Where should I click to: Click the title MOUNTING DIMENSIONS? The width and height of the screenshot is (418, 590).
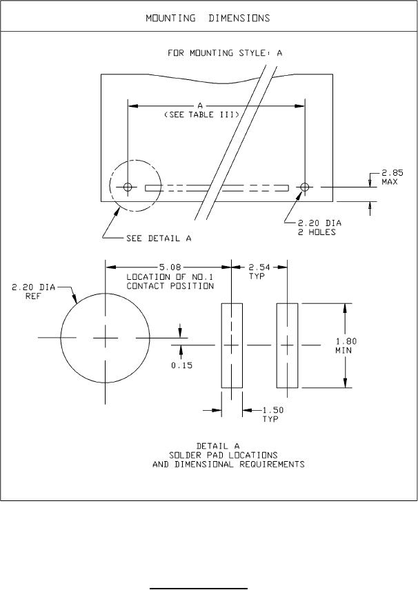click(x=208, y=17)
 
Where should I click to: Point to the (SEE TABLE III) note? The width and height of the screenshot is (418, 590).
click(x=201, y=116)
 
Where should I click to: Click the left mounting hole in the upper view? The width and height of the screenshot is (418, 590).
click(x=128, y=187)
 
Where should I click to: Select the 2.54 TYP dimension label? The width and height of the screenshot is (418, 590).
click(x=258, y=271)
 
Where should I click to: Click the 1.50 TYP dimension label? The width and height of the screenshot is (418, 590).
click(x=273, y=414)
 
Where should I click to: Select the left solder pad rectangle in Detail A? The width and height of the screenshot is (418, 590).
click(x=231, y=345)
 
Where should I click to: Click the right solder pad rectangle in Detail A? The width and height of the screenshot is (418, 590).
click(x=287, y=345)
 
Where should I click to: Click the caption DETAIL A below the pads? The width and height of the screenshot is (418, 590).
click(x=228, y=445)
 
